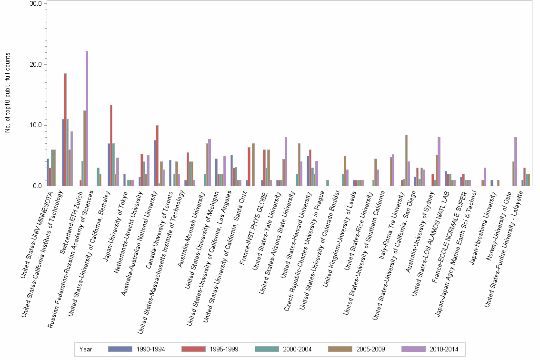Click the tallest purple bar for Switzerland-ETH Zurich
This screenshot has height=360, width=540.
click(87, 119)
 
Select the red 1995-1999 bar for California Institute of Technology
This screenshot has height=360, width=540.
click(65, 130)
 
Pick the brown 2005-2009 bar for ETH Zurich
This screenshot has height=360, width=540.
click(84, 148)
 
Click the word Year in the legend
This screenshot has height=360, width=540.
click(86, 349)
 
